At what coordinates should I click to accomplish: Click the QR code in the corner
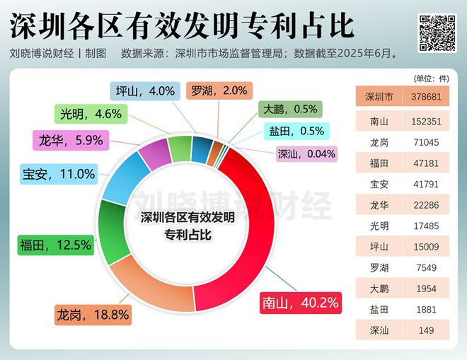pyautogui.click(x=437, y=31)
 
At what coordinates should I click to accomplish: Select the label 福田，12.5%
pyautogui.click(x=55, y=245)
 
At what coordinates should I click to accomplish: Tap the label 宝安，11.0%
pyautogui.click(x=58, y=173)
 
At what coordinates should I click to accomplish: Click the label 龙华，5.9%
pyautogui.click(x=71, y=140)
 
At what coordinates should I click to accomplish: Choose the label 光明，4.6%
pyautogui.click(x=91, y=113)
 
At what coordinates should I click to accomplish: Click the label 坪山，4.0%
pyautogui.click(x=145, y=91)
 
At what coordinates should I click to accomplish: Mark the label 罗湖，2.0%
pyautogui.click(x=219, y=91)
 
